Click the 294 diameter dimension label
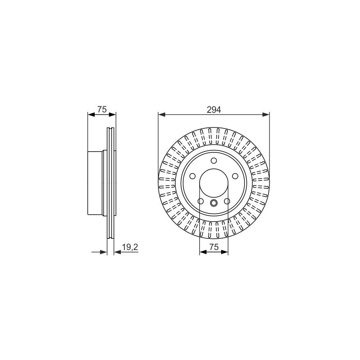coord(214,110)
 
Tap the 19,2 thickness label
coord(130,247)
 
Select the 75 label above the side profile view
coord(102,110)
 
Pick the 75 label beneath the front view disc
coord(214,247)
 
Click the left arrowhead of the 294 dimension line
coord(162,114)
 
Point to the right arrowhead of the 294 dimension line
coord(266,114)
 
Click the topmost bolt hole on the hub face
coord(214,160)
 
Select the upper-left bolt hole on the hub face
coord(192,176)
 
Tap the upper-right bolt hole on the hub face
coord(235,176)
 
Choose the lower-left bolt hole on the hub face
coord(200,201)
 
